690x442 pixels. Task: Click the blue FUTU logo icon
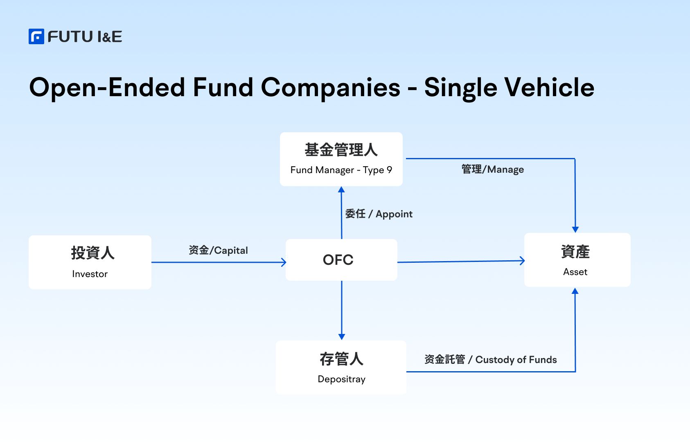[36, 36]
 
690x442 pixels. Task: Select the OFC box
[341, 259]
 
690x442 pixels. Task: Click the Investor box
[90, 262]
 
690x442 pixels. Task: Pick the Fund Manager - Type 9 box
[341, 159]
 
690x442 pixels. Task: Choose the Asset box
[577, 259]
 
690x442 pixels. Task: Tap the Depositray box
[341, 368]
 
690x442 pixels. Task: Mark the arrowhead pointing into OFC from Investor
[284, 262]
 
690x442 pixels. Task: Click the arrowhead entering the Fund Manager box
[341, 189]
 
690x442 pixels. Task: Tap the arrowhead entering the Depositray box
[342, 337]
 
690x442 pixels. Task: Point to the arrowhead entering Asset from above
[575, 230]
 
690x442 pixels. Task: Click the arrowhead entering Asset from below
[575, 291]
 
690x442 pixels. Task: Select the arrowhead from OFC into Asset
[522, 261]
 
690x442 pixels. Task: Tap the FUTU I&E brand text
[85, 37]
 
